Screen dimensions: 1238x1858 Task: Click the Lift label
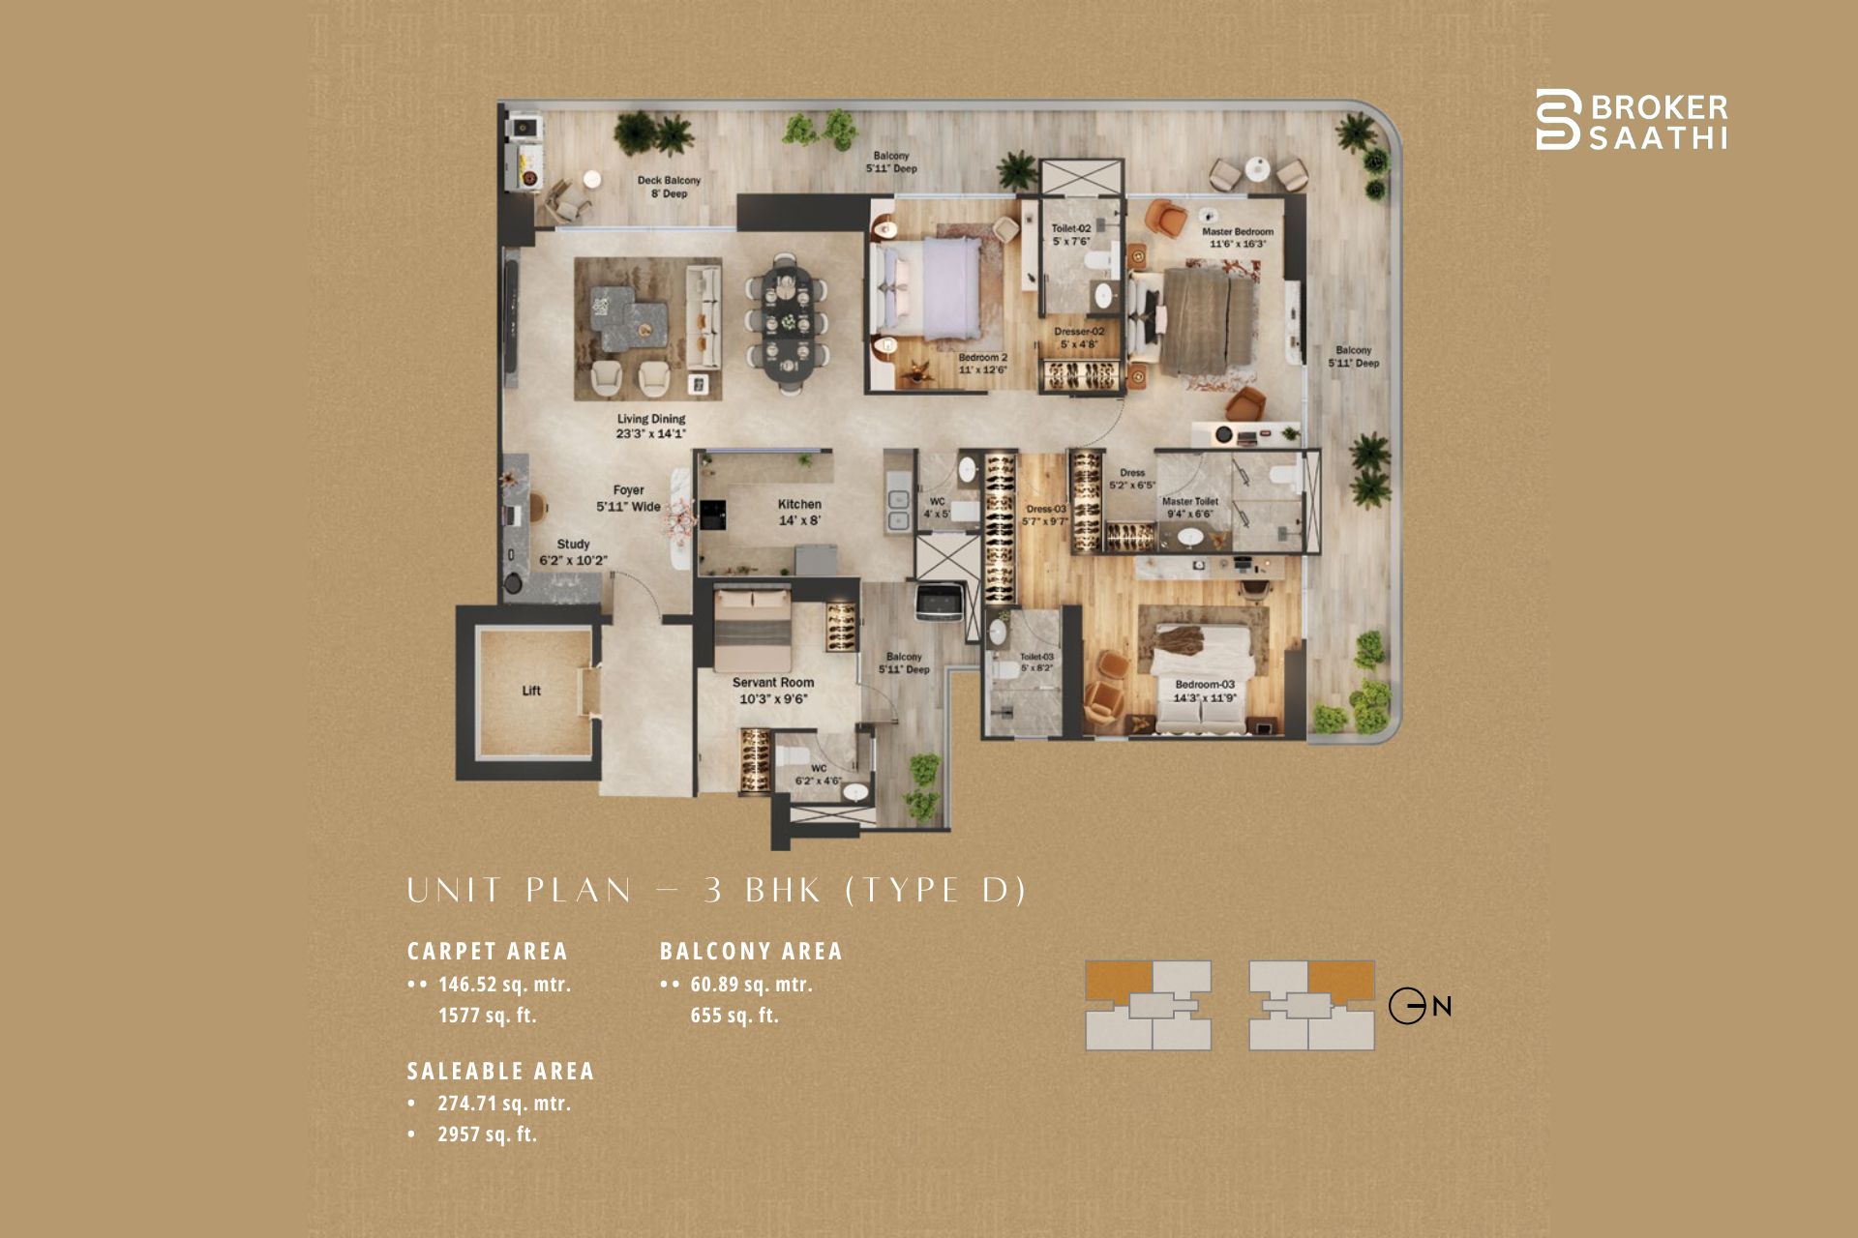(x=531, y=691)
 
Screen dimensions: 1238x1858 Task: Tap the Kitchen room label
(x=799, y=512)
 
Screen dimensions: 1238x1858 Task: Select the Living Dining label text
(x=651, y=427)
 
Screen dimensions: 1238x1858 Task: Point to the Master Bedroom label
(x=1238, y=238)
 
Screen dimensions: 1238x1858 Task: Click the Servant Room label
(x=772, y=691)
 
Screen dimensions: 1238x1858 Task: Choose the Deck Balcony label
(x=669, y=187)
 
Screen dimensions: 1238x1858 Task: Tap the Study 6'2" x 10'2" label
(x=573, y=552)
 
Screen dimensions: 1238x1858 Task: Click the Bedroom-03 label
(x=1205, y=691)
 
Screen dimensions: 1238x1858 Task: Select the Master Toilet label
(x=1190, y=508)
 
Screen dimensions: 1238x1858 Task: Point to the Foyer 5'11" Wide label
(x=628, y=498)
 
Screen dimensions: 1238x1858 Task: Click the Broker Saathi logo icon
(x=1557, y=119)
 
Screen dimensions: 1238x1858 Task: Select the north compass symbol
(x=1408, y=1006)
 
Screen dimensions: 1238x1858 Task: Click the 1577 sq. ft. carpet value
(x=487, y=1016)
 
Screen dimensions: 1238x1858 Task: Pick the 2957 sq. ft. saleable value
(x=487, y=1135)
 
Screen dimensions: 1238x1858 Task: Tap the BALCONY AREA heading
(x=751, y=952)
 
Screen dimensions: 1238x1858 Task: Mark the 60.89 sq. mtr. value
(x=751, y=985)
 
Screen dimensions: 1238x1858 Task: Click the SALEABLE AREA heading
(x=500, y=1072)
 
